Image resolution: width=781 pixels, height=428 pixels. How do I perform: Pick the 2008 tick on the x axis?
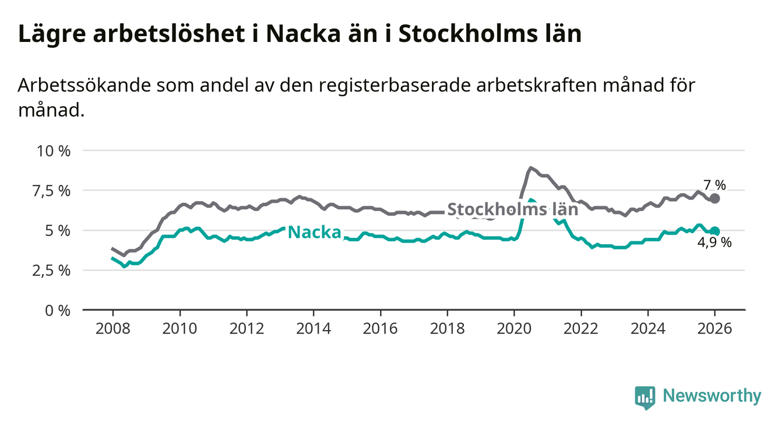tap(112, 328)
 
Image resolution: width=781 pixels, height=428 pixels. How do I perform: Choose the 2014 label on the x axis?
tap(314, 328)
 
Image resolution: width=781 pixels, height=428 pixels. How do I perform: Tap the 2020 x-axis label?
tap(514, 328)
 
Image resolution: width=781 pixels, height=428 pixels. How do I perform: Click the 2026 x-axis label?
tap(715, 328)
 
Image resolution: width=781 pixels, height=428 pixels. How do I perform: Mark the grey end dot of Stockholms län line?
tap(715, 198)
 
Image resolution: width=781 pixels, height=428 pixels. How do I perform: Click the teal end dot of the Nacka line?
tap(715, 231)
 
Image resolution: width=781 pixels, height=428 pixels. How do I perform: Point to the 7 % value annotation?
tap(715, 185)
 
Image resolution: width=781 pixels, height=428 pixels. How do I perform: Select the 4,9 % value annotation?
tap(715, 243)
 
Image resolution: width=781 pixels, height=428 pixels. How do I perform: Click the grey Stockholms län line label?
tap(512, 210)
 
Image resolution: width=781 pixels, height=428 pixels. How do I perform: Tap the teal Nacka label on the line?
tap(315, 232)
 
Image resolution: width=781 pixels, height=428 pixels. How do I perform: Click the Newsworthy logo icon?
tap(645, 397)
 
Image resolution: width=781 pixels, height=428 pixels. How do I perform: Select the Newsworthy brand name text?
tap(712, 397)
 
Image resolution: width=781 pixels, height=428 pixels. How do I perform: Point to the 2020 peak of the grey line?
tap(530, 168)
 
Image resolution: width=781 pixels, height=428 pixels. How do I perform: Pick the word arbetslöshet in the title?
tap(162, 34)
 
